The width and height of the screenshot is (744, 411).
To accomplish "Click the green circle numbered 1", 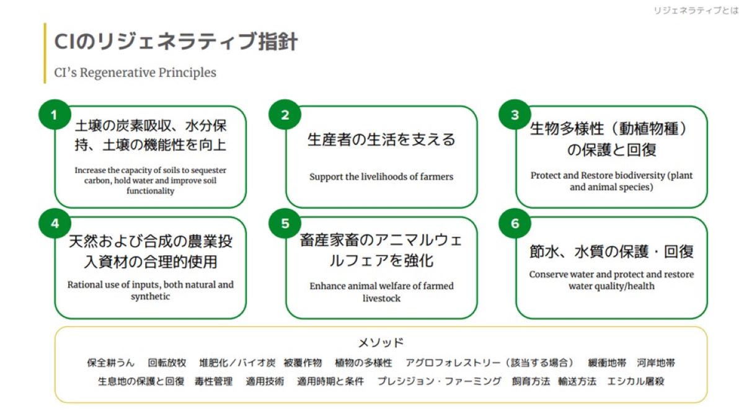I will tap(54, 115).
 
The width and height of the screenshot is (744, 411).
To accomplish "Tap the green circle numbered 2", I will tap(285, 115).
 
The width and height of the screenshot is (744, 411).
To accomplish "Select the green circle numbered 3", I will tap(515, 115).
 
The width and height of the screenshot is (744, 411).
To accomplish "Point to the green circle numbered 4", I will tap(54, 224).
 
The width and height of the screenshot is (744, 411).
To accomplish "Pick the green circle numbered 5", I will tap(285, 224).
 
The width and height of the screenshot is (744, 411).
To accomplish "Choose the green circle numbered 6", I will tap(515, 224).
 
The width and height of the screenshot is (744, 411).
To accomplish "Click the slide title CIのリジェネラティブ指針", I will tap(176, 42).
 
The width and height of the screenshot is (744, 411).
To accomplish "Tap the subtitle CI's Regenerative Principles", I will tap(135, 73).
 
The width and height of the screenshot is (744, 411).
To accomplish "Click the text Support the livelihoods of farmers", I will tap(381, 177).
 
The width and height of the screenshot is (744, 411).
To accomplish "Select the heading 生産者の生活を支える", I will tap(381, 139).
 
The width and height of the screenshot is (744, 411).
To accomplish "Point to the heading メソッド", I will tap(381, 342).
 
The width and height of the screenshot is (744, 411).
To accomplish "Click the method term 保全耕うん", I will tap(110, 363).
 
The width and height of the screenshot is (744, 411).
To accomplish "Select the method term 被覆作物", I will tap(303, 363).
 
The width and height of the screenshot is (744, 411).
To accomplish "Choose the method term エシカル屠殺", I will tap(635, 381).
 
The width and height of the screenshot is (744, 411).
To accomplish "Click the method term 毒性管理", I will tap(214, 381).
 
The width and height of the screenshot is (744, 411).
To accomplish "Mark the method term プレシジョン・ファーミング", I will tap(439, 381).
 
